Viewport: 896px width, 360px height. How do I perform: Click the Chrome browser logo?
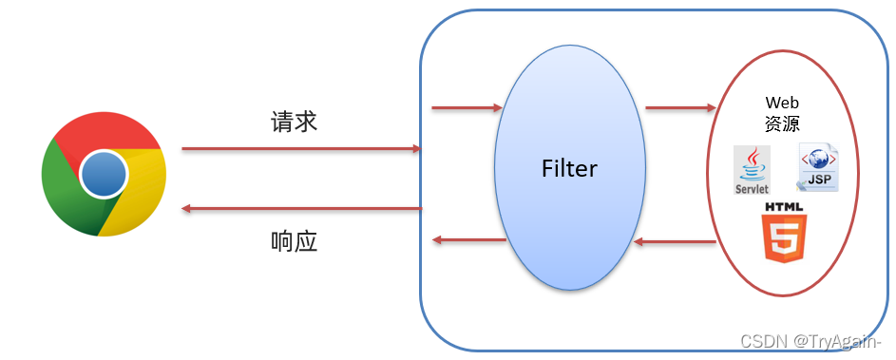click(x=105, y=174)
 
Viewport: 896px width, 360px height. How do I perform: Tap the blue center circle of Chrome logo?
click(x=105, y=174)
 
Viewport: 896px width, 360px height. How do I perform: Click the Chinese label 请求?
click(x=295, y=123)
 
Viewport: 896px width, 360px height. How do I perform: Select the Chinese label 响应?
click(x=295, y=241)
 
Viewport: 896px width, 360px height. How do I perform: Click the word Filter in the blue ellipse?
click(x=569, y=169)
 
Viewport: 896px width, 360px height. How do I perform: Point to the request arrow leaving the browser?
click(x=301, y=149)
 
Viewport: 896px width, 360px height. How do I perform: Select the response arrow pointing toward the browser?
click(x=301, y=208)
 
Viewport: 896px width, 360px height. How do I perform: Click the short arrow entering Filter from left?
click(x=467, y=108)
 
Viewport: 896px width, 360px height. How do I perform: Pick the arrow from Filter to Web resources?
click(x=679, y=108)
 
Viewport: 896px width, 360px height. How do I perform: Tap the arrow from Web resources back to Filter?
click(x=675, y=242)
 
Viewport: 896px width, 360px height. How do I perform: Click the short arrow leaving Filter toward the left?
click(x=468, y=239)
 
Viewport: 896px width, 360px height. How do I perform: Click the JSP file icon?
click(x=818, y=169)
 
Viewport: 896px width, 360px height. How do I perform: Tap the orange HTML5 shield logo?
click(x=784, y=237)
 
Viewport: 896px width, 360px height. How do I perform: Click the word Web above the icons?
click(x=782, y=103)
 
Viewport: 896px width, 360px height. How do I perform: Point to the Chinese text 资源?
click(x=782, y=124)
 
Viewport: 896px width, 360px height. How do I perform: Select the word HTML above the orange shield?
click(x=784, y=206)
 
